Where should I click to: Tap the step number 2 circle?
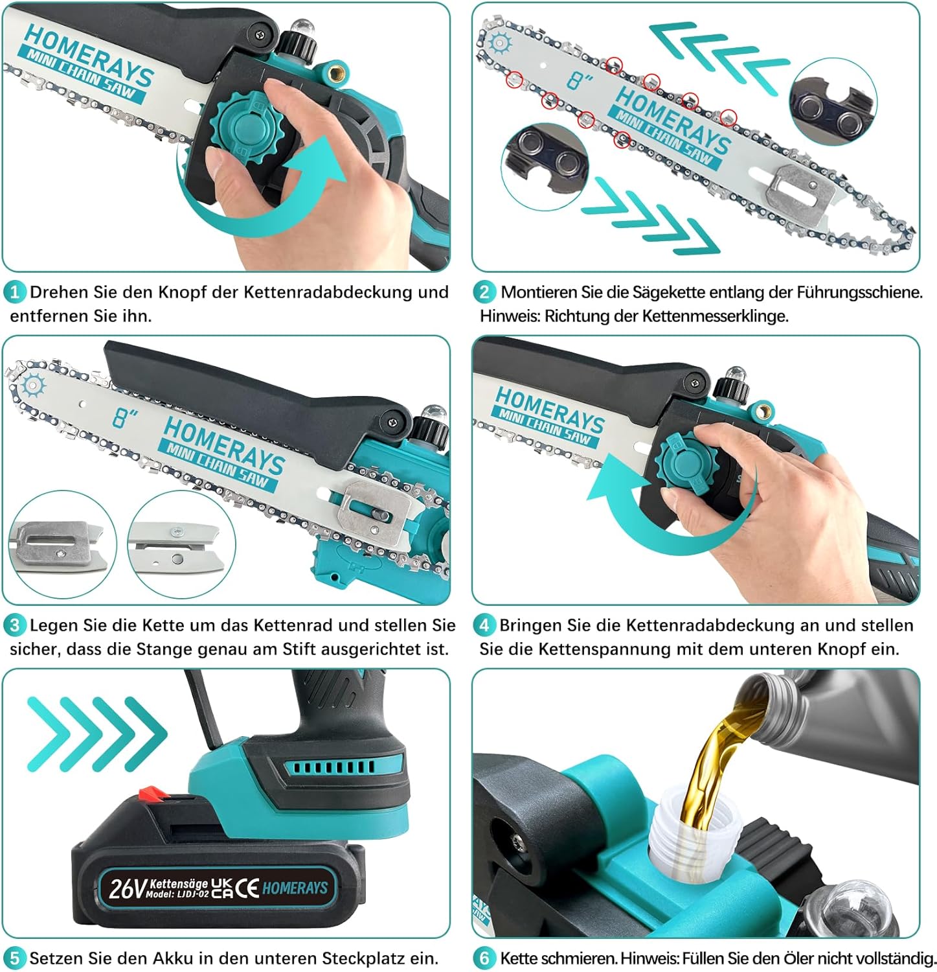[x=484, y=292]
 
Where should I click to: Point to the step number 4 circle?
[x=484, y=625]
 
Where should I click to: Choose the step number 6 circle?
[x=484, y=958]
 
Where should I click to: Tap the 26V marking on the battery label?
[x=128, y=888]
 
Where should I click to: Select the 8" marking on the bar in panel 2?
[x=580, y=80]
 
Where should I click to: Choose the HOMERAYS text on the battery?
[x=295, y=887]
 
